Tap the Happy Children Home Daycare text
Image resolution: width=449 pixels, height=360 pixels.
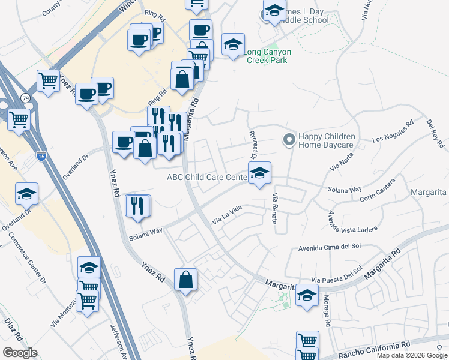(x=327, y=140)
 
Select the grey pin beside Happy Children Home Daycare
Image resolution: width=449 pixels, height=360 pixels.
(x=289, y=140)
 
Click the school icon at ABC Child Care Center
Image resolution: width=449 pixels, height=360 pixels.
(x=259, y=173)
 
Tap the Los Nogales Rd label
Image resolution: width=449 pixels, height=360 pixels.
(x=393, y=134)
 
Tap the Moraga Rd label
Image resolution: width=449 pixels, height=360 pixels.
(x=328, y=314)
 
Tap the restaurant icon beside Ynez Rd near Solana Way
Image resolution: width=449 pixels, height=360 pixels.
(x=137, y=206)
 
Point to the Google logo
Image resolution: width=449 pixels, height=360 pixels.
(x=20, y=353)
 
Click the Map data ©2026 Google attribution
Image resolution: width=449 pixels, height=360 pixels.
(x=411, y=355)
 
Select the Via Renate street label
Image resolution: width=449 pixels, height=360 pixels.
(x=276, y=209)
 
